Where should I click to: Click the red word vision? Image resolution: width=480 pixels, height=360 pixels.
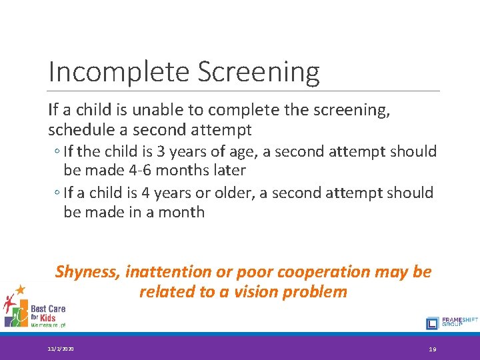(268, 291)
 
